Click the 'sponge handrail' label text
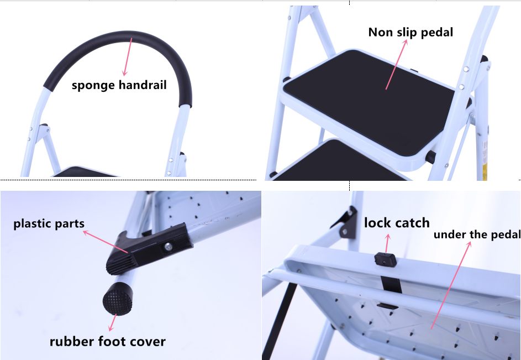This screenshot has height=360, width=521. click(x=119, y=85)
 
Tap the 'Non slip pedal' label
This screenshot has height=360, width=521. click(x=411, y=32)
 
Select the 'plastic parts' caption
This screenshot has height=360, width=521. click(x=49, y=224)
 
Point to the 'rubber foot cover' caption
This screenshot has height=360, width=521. click(x=107, y=341)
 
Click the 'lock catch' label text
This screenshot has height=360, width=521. click(x=396, y=223)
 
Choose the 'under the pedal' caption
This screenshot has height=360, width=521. click(x=476, y=234)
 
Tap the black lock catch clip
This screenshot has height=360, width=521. click(x=387, y=259)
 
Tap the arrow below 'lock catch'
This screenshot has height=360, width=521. click(x=387, y=242)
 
